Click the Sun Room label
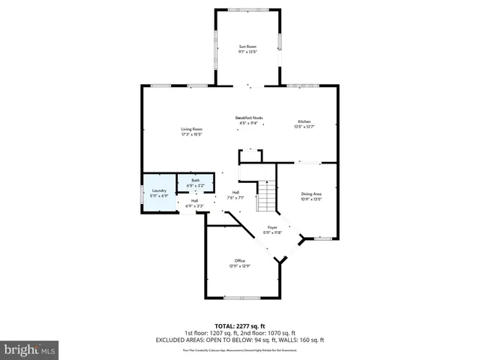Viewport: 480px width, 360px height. [x=247, y=47]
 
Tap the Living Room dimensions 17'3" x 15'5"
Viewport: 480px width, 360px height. [x=191, y=135]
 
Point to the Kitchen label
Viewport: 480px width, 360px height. [x=304, y=121]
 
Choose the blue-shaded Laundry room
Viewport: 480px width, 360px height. [x=158, y=193]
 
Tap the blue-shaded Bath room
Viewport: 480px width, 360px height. [x=195, y=182]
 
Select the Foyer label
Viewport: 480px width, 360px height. [x=272, y=227]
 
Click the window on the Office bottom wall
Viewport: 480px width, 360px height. [x=240, y=298]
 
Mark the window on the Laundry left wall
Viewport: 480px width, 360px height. [x=142, y=193]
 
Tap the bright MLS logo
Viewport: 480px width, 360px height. [x=30, y=349]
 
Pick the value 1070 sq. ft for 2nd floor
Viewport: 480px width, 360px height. [x=283, y=333]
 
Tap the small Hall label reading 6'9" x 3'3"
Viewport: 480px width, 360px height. [x=193, y=202]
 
